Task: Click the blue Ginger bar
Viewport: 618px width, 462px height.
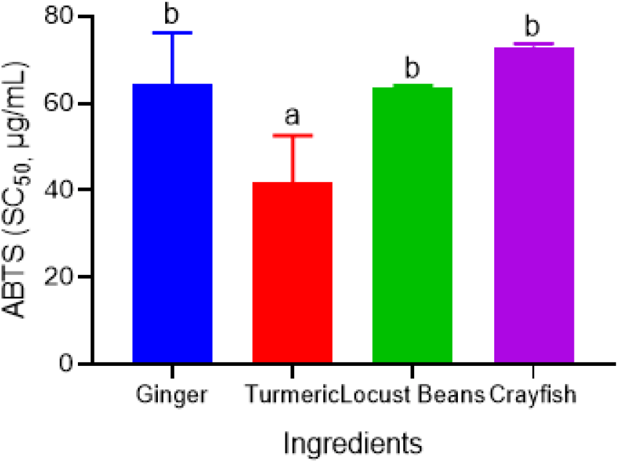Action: (x=173, y=223)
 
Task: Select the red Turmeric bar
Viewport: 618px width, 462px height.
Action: (x=292, y=272)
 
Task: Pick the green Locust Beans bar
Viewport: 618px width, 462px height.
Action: (x=412, y=225)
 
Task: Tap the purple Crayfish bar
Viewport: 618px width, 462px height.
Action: (x=534, y=205)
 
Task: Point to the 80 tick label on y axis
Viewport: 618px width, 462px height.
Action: (x=59, y=16)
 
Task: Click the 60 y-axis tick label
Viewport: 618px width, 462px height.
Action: (x=59, y=103)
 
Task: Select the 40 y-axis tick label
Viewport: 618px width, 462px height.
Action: (x=59, y=190)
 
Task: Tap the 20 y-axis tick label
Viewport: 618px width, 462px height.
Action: (x=59, y=276)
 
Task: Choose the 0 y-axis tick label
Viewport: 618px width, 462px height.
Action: (x=66, y=363)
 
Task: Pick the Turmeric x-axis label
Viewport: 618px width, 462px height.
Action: (x=292, y=394)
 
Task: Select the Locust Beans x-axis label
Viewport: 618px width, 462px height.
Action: (x=412, y=394)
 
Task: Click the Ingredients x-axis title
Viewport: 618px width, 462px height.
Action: (x=353, y=444)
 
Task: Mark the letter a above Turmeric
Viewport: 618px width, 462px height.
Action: (x=292, y=116)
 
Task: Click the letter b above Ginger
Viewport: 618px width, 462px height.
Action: (x=172, y=14)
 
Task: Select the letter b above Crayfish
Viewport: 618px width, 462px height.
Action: (x=532, y=26)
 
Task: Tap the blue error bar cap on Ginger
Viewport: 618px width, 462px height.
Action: (x=173, y=33)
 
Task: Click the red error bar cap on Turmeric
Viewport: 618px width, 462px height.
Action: (x=293, y=135)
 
